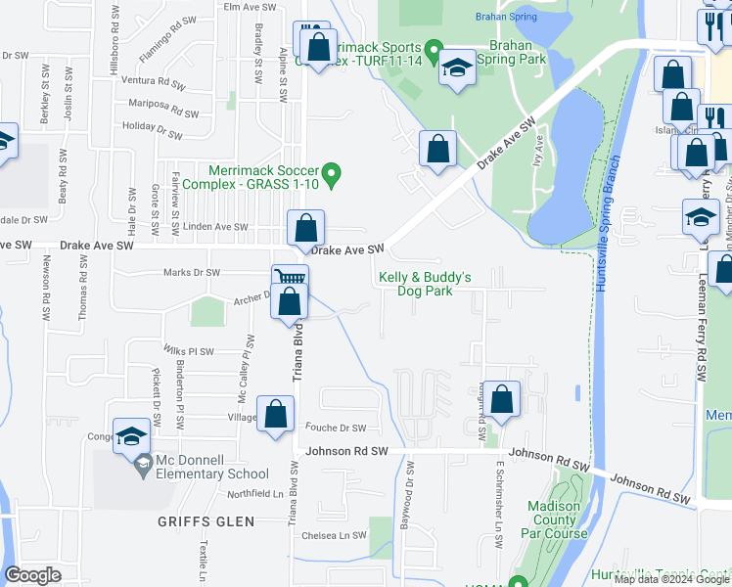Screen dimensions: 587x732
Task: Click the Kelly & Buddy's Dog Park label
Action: click(425, 284)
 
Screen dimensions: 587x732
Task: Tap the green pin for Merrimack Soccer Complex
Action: click(332, 176)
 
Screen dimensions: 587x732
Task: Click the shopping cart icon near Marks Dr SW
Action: click(290, 278)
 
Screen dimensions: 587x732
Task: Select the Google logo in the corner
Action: click(32, 575)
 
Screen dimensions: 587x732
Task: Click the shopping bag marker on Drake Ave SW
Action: click(305, 228)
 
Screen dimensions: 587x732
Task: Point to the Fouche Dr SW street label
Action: click(335, 428)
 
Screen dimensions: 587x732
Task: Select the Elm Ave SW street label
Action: click(247, 6)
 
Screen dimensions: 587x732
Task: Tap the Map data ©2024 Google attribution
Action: click(671, 579)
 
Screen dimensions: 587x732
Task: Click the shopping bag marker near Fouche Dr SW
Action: click(275, 413)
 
